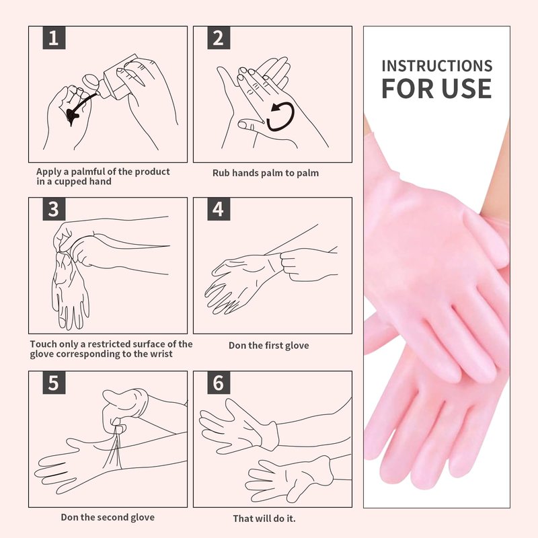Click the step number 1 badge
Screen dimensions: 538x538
(54, 38)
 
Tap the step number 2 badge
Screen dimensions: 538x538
(219, 38)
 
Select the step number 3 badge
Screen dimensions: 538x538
(54, 209)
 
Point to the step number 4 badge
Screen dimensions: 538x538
(219, 209)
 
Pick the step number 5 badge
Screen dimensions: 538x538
(54, 383)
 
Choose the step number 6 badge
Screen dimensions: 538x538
(219, 383)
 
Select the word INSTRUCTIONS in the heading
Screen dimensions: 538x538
(436, 66)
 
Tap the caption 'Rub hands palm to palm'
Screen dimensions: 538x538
(266, 173)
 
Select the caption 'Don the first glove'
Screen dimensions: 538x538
(268, 345)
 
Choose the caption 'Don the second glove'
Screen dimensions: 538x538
(108, 517)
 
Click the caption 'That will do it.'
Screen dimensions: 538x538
(264, 518)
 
